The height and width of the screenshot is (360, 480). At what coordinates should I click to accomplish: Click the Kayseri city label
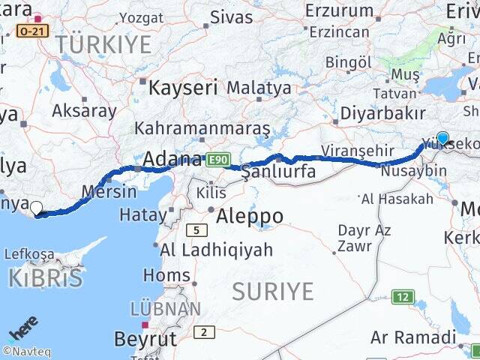(184, 88)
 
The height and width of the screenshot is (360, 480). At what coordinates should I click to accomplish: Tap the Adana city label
(172, 159)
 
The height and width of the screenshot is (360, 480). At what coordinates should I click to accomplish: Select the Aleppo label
(250, 217)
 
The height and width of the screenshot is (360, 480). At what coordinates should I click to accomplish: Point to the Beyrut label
(145, 339)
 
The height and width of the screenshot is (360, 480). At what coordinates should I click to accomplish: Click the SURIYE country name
(272, 291)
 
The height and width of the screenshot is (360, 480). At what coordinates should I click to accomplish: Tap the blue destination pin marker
(442, 138)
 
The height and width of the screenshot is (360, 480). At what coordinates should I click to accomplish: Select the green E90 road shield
(217, 160)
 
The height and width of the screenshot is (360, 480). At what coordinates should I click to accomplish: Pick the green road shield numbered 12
(403, 297)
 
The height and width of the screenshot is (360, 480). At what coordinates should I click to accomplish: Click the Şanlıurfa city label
(278, 172)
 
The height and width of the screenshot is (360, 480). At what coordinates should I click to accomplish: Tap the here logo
(22, 330)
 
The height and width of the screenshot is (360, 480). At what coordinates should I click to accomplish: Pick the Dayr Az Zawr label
(364, 238)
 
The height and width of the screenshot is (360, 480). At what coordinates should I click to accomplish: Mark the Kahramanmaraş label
(202, 127)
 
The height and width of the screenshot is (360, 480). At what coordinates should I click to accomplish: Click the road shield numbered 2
(203, 332)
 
